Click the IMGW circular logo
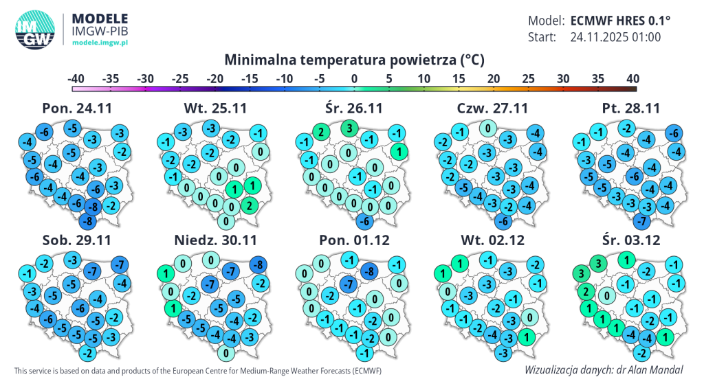(34, 30)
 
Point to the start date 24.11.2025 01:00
(615, 37)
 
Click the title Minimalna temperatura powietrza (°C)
(355, 60)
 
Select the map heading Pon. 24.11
(77, 108)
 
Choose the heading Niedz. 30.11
(215, 240)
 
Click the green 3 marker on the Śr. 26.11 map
(349, 128)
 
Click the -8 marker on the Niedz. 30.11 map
(258, 264)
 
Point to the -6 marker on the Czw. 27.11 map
(503, 221)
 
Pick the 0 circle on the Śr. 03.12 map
(606, 296)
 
